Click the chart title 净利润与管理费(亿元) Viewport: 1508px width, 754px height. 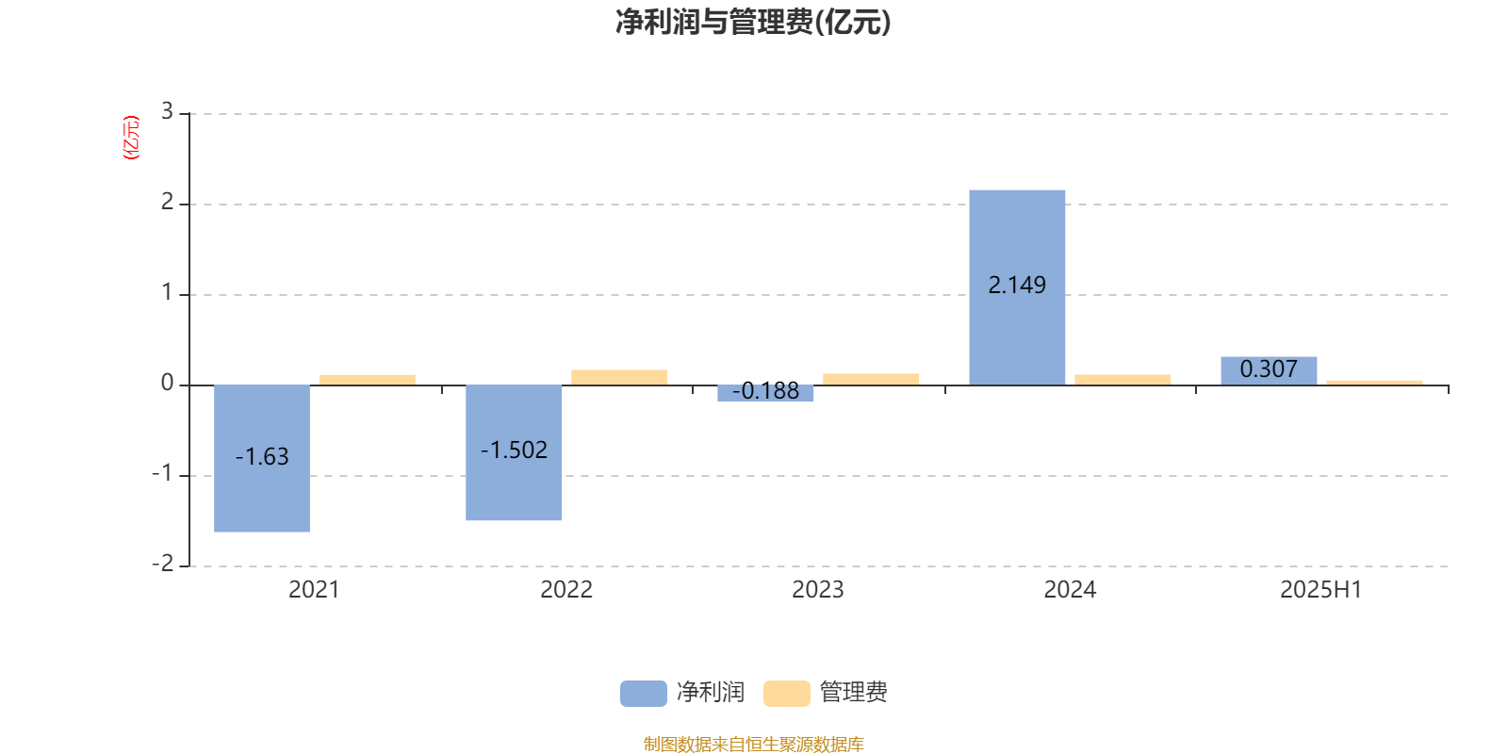tap(753, 23)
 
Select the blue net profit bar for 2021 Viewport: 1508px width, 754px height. tap(262, 458)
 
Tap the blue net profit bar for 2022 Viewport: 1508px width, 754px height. tap(514, 452)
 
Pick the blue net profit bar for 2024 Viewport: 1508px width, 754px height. tap(1017, 287)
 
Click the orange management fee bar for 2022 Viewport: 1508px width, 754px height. tap(619, 378)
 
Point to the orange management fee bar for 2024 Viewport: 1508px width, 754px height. tap(1123, 380)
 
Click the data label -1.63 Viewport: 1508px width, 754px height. tap(262, 456)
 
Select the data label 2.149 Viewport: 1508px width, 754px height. tap(1017, 285)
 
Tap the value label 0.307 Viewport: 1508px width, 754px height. tap(1269, 369)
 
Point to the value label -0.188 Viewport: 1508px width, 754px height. tap(765, 390)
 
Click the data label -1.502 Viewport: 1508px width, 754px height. tap(514, 450)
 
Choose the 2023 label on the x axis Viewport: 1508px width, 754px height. tap(818, 590)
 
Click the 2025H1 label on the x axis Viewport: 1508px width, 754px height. tap(1320, 590)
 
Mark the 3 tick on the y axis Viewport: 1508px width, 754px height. tap(167, 111)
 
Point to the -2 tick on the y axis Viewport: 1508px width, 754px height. tap(163, 564)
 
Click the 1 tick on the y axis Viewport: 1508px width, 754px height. tap(167, 292)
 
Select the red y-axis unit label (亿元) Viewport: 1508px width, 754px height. tap(131, 138)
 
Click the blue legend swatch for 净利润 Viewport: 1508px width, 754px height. tap(644, 694)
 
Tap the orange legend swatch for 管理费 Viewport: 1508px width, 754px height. tap(787, 694)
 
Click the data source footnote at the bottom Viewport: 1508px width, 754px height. tap(753, 744)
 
